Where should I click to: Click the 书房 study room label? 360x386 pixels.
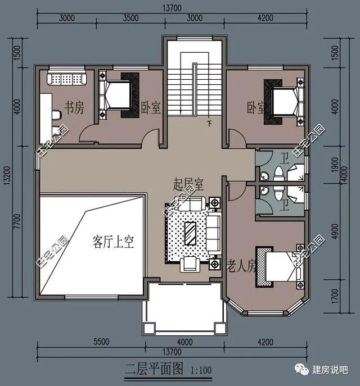(74, 107)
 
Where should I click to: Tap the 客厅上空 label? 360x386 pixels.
(114, 242)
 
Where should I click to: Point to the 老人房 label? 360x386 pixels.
(241, 266)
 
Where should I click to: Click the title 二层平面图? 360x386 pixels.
(154, 369)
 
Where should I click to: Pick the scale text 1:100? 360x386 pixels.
(201, 370)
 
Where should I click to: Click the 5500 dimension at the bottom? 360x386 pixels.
(101, 342)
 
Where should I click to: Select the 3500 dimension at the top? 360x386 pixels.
(131, 18)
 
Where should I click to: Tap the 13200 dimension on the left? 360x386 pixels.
(7, 175)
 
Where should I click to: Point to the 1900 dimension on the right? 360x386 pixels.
(335, 165)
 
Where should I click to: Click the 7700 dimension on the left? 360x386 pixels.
(17, 221)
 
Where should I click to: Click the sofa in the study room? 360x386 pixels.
(67, 78)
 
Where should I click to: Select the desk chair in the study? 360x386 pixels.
(57, 115)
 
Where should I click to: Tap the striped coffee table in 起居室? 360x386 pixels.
(190, 233)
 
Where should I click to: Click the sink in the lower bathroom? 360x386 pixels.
(264, 190)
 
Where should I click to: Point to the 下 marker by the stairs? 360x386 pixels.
(209, 124)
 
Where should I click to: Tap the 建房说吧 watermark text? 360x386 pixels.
(330, 370)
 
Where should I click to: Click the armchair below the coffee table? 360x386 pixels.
(190, 264)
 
